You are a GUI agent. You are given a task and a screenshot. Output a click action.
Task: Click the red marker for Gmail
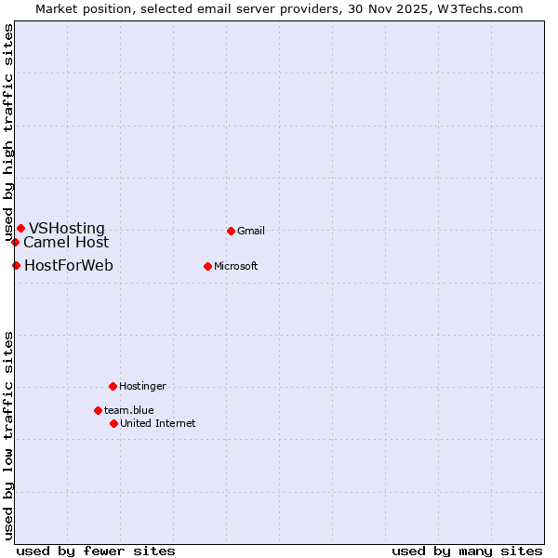(x=231, y=231)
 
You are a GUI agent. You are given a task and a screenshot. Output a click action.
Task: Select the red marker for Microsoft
(x=207, y=266)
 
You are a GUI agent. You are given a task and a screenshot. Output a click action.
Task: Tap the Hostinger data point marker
(x=113, y=386)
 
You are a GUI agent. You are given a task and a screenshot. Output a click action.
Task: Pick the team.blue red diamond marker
(x=98, y=410)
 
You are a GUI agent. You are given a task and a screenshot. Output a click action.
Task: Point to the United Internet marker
(x=113, y=423)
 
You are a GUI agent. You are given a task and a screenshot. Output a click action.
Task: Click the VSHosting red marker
(x=20, y=228)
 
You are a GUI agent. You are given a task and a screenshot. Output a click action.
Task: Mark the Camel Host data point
(x=15, y=242)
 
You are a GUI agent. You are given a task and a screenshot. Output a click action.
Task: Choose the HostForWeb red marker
(x=16, y=266)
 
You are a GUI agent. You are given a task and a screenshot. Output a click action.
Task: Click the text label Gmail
(x=251, y=231)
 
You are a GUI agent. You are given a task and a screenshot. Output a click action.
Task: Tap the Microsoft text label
(x=236, y=266)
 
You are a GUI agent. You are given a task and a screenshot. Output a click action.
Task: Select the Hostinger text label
(x=142, y=386)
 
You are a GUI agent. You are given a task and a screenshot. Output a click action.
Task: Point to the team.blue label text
(x=129, y=410)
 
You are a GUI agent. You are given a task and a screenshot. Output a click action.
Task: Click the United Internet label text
(x=158, y=423)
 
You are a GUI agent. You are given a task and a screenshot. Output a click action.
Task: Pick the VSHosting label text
(x=67, y=228)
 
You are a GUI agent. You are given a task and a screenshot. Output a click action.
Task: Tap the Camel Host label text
(x=66, y=242)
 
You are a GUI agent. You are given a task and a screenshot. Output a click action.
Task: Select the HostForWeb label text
(x=69, y=266)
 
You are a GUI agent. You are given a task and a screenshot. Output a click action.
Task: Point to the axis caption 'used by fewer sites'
(x=96, y=551)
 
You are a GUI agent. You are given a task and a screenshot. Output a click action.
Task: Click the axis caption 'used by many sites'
(x=467, y=551)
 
